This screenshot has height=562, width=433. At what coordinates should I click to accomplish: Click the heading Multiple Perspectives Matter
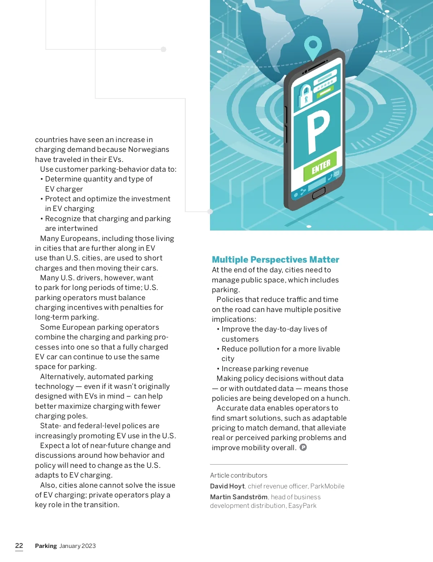click(x=275, y=260)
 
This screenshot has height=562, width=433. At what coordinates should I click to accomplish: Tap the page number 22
click(x=19, y=546)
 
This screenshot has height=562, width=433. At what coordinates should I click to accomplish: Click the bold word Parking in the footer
click(x=46, y=546)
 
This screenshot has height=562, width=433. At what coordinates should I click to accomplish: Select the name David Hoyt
click(x=227, y=486)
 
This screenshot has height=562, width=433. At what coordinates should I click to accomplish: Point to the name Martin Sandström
click(x=239, y=497)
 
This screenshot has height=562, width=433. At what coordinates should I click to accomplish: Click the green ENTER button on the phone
click(x=321, y=167)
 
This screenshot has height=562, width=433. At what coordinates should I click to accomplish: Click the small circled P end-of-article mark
click(x=303, y=447)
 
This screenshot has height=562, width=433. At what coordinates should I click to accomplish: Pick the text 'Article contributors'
click(x=239, y=475)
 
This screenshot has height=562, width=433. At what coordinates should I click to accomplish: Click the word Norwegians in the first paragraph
click(x=148, y=149)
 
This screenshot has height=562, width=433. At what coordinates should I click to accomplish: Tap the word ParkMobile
click(x=327, y=486)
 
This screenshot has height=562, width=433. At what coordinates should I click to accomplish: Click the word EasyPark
click(x=302, y=506)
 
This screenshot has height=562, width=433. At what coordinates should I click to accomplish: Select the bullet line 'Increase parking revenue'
click(x=265, y=369)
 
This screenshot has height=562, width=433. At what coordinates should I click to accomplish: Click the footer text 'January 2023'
click(x=78, y=546)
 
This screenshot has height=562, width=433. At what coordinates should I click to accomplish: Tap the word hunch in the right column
click(x=337, y=398)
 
